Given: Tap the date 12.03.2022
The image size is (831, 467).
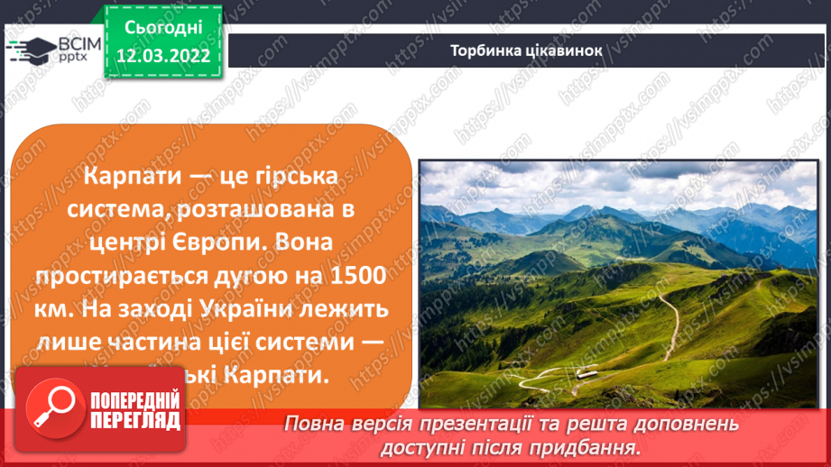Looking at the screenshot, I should coord(163,56).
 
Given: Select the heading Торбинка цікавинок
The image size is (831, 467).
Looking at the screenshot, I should coord(526,50).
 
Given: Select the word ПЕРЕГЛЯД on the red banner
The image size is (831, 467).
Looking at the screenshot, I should coord(134,420).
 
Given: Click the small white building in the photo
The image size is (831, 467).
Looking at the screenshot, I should coord(586,372).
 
